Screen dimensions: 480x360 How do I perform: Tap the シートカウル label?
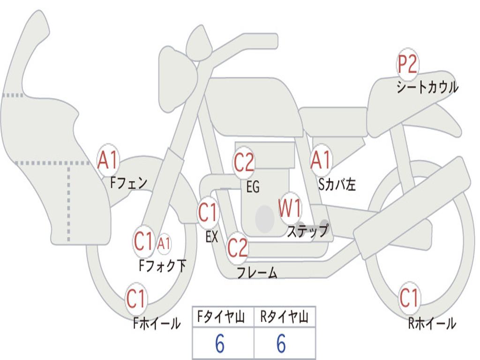pyautogui.click(x=427, y=87)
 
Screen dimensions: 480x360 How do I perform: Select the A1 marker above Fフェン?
pyautogui.click(x=108, y=160)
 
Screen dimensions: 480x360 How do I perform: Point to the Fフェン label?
pyautogui.click(x=128, y=183)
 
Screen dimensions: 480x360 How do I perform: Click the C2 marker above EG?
pyautogui.click(x=244, y=162)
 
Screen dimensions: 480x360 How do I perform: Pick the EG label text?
pyautogui.click(x=253, y=187)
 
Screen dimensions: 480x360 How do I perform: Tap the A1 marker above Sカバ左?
pyautogui.click(x=321, y=160)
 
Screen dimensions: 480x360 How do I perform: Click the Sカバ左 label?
pyautogui.click(x=337, y=184)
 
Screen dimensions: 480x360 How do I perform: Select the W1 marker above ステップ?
pyautogui.click(x=290, y=209)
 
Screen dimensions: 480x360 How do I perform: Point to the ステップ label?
pyautogui.click(x=307, y=231)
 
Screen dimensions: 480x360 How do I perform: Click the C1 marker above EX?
pyautogui.click(x=208, y=212)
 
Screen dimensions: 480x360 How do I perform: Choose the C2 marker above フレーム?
pyautogui.click(x=238, y=247)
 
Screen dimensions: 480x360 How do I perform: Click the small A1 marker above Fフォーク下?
pyautogui.click(x=164, y=244)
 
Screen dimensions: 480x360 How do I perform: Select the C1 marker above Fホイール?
pyautogui.click(x=136, y=299)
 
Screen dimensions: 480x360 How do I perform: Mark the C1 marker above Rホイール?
pyautogui.click(x=409, y=298)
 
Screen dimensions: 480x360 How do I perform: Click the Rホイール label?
pyautogui.click(x=432, y=323)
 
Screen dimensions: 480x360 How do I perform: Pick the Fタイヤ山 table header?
pyautogui.click(x=221, y=317)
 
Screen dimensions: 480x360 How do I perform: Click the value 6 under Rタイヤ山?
pyautogui.click(x=281, y=343)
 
